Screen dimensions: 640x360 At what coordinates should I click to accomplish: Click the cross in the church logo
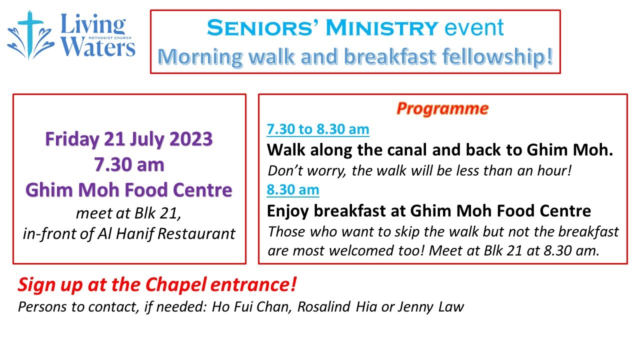(29, 33)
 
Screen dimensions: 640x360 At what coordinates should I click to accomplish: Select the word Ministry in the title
(382, 27)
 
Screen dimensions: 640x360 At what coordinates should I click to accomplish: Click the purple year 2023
(191, 139)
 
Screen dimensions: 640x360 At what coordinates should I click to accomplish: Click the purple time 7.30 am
(129, 164)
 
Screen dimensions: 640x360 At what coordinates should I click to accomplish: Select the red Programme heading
(442, 109)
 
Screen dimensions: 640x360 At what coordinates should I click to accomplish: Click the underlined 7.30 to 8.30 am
(317, 129)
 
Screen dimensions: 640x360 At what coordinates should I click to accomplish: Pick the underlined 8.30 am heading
(293, 189)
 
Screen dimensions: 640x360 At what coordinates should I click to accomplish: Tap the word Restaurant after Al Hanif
(196, 233)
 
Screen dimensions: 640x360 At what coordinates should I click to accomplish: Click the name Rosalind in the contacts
(323, 307)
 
